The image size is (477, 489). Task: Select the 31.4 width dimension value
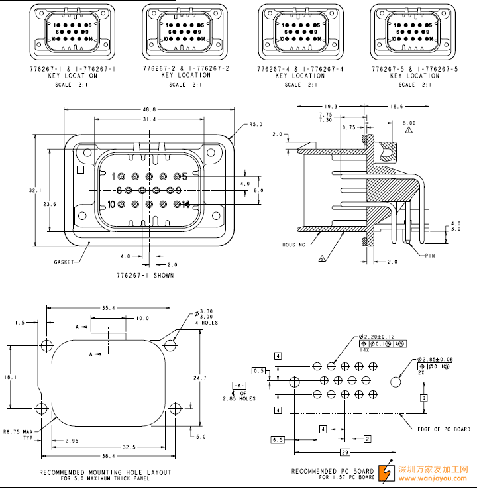[149, 119]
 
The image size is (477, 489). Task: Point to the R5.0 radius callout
[256, 124]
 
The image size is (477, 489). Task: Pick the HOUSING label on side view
[293, 245]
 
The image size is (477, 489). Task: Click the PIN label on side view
[430, 255]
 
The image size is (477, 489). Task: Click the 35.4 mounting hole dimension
[109, 308]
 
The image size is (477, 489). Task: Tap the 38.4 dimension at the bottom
[109, 456]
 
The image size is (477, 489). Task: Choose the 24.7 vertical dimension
[200, 378]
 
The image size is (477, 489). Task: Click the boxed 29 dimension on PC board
[344, 452]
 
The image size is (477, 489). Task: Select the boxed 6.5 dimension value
[278, 439]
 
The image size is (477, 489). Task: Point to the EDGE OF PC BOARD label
[444, 429]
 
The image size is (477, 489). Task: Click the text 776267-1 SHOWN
[145, 275]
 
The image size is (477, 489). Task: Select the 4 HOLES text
[207, 323]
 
